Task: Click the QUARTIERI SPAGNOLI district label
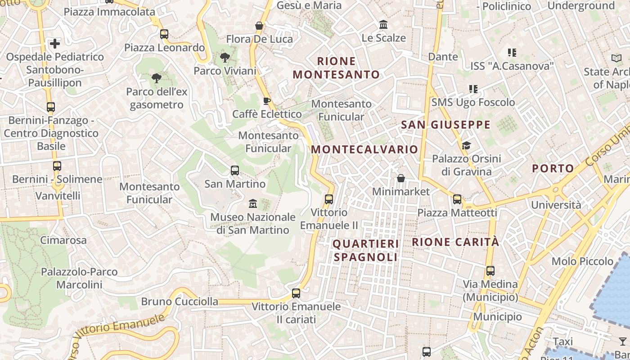[365, 251]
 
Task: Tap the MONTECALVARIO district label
[364, 149]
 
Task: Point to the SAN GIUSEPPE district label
[445, 125]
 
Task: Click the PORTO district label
[553, 169]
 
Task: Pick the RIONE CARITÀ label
[455, 242]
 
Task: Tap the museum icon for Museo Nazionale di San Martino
[253, 204]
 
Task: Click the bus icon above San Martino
[235, 171]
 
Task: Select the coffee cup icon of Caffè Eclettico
[267, 101]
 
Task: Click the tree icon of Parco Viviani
[225, 57]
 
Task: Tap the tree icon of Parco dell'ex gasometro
[156, 78]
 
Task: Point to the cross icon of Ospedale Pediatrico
[55, 44]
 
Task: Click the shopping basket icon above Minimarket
[401, 178]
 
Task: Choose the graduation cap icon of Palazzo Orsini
[466, 145]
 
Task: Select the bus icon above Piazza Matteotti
[457, 199]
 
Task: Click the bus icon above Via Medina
[490, 271]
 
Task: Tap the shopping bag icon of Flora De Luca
[259, 26]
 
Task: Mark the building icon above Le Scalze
[383, 24]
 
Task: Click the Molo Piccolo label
[582, 261]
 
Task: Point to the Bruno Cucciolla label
[180, 301]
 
